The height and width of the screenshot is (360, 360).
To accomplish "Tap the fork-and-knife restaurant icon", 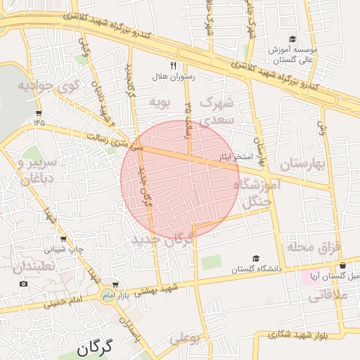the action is [x=163, y=65].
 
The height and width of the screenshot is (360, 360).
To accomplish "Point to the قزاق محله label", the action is [x=313, y=247].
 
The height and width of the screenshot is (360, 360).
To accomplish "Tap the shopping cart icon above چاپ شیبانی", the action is [x=63, y=239].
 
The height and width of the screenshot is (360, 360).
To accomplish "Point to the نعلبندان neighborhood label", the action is [x=33, y=267].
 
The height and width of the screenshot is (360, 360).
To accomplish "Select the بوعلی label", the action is [x=186, y=339].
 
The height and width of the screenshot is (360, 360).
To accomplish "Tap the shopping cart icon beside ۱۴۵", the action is [x=38, y=112].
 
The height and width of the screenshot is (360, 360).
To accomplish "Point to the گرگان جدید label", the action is [x=162, y=240].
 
